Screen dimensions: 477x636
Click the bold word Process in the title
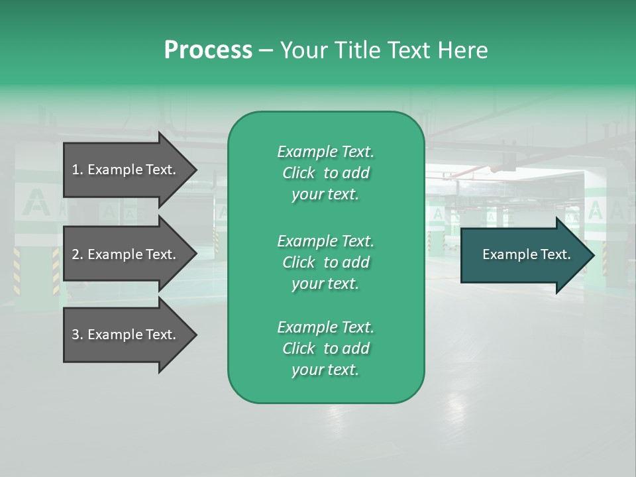coord(208,50)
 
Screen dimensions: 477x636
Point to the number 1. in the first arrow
coord(78,170)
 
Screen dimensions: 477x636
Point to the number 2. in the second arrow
coord(78,254)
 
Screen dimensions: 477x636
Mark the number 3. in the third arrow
coord(78,335)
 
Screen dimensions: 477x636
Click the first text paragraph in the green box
coord(325,173)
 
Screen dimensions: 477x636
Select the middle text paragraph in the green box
coord(325,262)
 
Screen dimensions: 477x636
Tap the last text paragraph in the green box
coord(325,348)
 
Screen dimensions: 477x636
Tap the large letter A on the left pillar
coord(35,202)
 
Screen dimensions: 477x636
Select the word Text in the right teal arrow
coord(556,254)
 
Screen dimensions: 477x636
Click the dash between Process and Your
coord(266,51)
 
